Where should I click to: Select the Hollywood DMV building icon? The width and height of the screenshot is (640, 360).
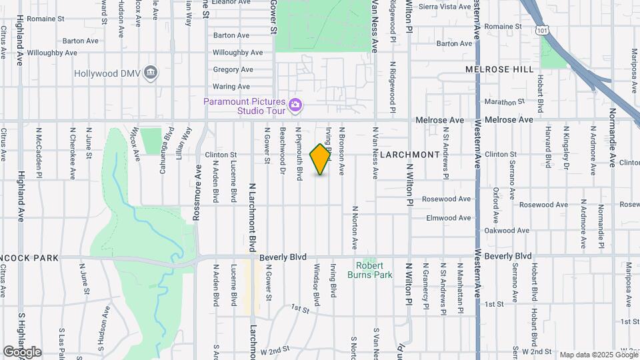(151, 73)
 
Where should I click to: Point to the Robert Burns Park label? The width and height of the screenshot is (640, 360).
(369, 270)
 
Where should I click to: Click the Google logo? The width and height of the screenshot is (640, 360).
(21, 352)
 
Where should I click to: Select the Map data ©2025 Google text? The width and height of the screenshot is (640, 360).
(598, 355)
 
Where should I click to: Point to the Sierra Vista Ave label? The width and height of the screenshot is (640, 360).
(446, 7)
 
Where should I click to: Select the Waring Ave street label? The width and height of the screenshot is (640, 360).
(231, 87)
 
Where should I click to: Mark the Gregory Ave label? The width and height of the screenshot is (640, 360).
(233, 69)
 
